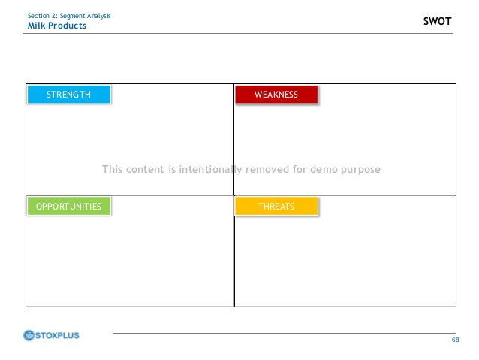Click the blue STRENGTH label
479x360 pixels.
(68, 95)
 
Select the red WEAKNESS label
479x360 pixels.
(276, 95)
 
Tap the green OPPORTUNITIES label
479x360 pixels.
(68, 207)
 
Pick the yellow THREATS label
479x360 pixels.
(276, 207)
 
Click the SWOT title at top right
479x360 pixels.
(438, 22)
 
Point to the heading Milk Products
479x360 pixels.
(56, 26)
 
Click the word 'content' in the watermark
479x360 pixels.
(146, 170)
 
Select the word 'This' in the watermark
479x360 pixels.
(113, 170)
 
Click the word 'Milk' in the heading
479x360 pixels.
(36, 26)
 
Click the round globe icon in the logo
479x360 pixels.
(30, 335)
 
